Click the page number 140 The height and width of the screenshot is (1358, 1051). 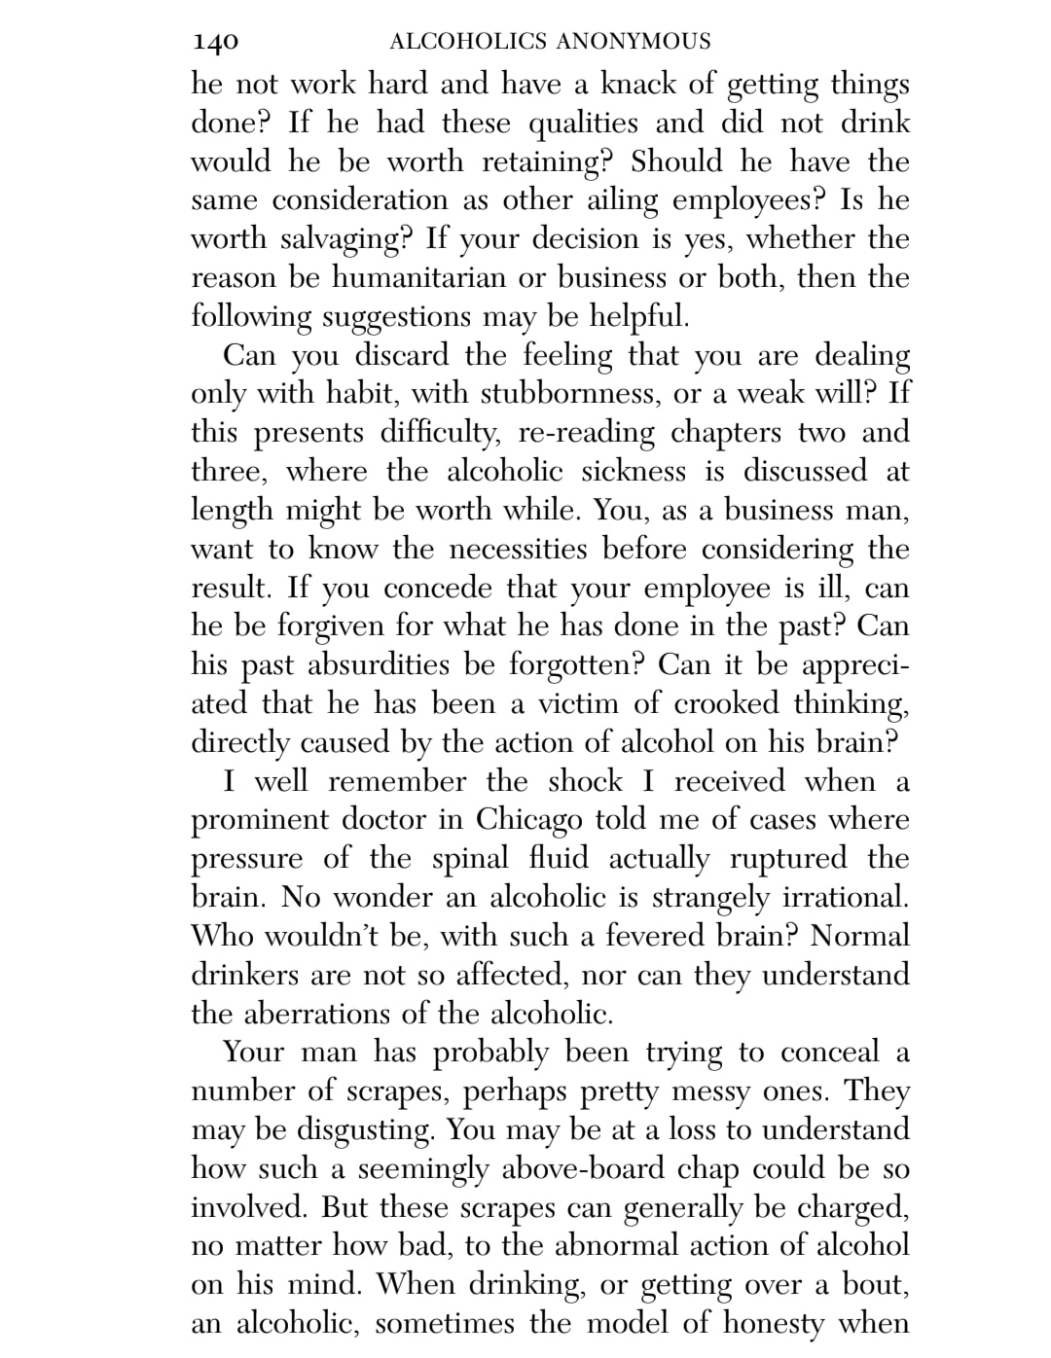(215, 42)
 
